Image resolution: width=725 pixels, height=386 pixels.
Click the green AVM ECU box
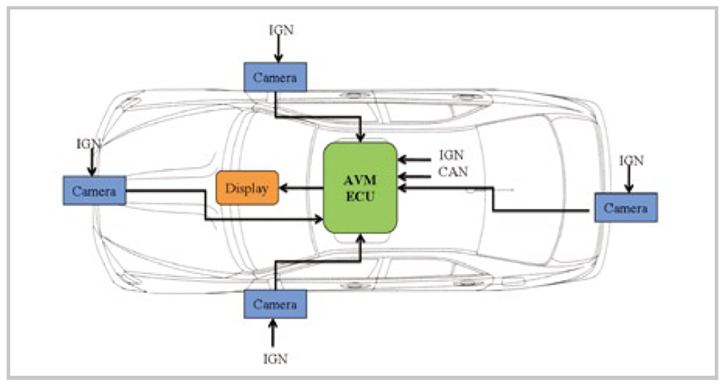[361, 187]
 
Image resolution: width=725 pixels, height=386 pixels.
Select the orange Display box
[247, 187]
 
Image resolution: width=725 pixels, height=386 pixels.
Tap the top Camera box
[275, 78]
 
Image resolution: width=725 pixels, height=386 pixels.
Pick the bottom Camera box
[275, 305]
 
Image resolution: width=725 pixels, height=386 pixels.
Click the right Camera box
[626, 207]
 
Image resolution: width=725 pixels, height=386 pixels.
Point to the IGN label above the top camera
[281, 29]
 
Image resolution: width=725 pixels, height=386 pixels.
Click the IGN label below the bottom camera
[276, 358]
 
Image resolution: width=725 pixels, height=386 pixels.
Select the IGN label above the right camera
[631, 160]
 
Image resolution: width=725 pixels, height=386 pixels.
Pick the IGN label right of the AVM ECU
[451, 156]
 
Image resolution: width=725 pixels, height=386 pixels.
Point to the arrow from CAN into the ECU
[415, 173]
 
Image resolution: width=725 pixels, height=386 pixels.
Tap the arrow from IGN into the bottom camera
[275, 333]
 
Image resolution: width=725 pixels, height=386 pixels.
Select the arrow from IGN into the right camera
[631, 179]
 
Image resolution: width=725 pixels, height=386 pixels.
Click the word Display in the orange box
[247, 187]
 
